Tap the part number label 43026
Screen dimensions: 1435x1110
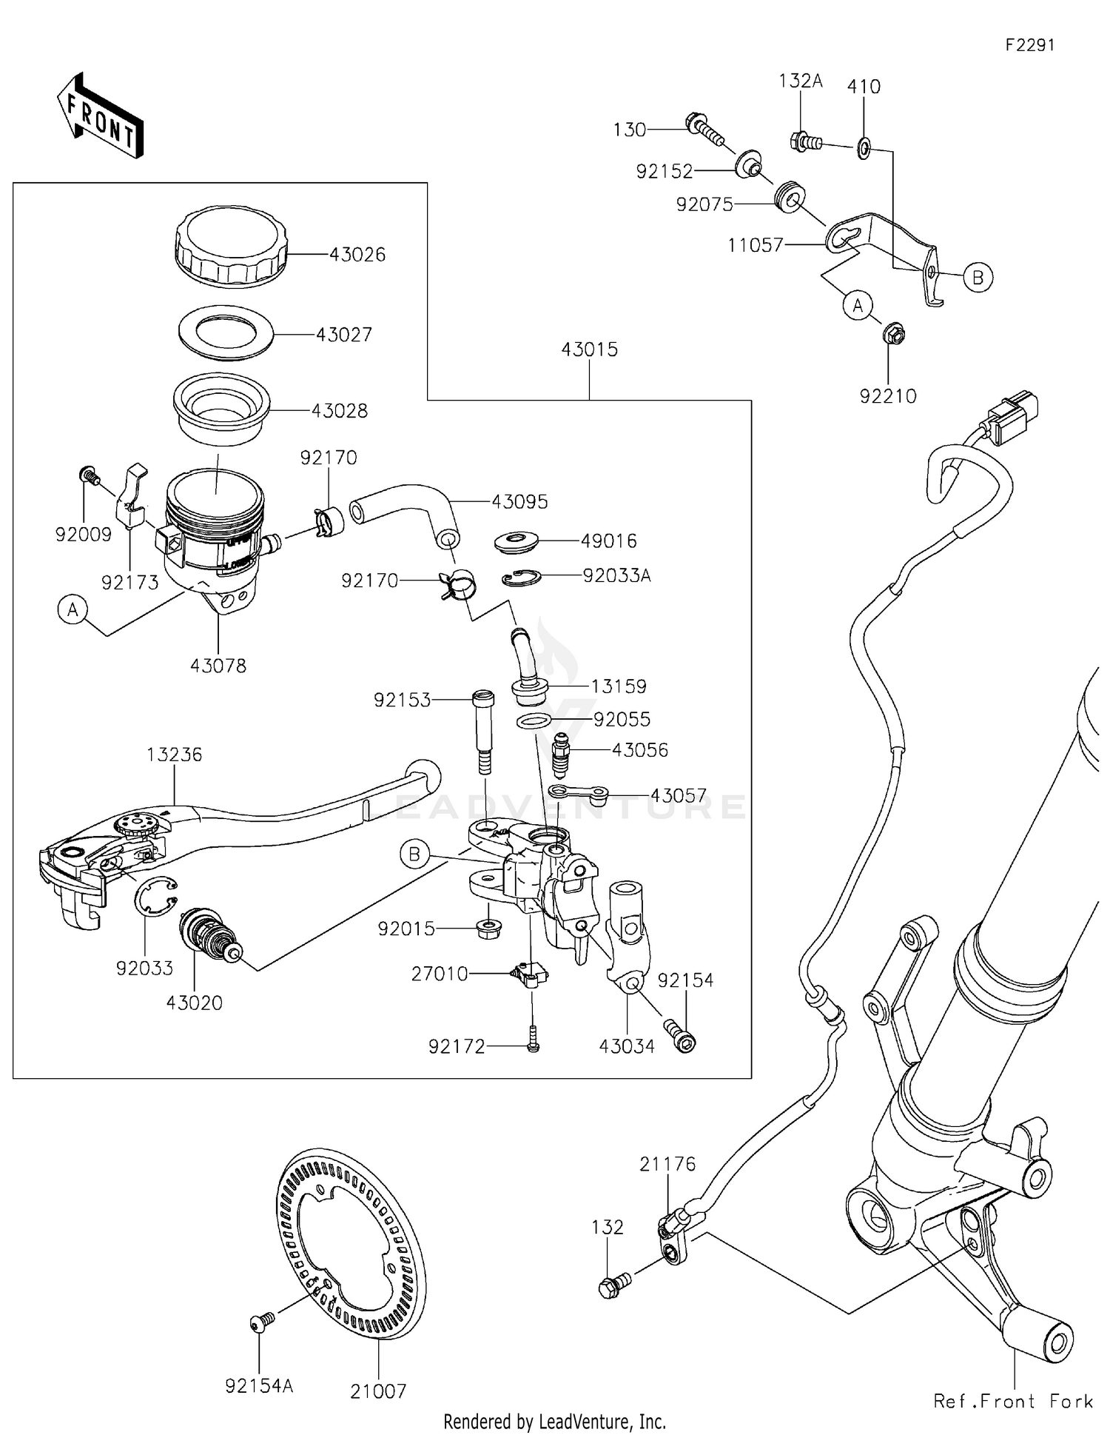pyautogui.click(x=357, y=255)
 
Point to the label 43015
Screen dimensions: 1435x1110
pyautogui.click(x=589, y=349)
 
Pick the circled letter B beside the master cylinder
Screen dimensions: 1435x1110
pyautogui.click(x=414, y=854)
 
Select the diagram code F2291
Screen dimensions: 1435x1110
pyautogui.click(x=1029, y=45)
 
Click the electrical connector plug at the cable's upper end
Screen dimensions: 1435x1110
pyautogui.click(x=1014, y=417)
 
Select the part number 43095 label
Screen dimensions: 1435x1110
pyautogui.click(x=519, y=502)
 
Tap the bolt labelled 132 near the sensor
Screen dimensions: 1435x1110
pyautogui.click(x=613, y=1286)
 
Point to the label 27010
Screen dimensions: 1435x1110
pyautogui.click(x=440, y=974)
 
